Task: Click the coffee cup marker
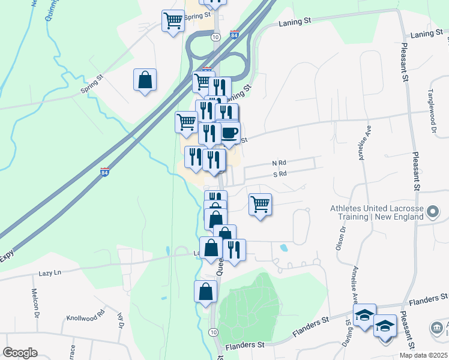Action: (231, 133)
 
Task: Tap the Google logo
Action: (20, 353)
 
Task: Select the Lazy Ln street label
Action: (50, 272)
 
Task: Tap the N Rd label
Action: (280, 163)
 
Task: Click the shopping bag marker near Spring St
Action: (145, 80)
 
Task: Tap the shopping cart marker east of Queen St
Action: (260, 205)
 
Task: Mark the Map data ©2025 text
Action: (423, 355)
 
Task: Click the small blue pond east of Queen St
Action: (283, 247)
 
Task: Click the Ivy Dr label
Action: (120, 317)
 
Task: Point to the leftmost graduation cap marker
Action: (364, 315)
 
